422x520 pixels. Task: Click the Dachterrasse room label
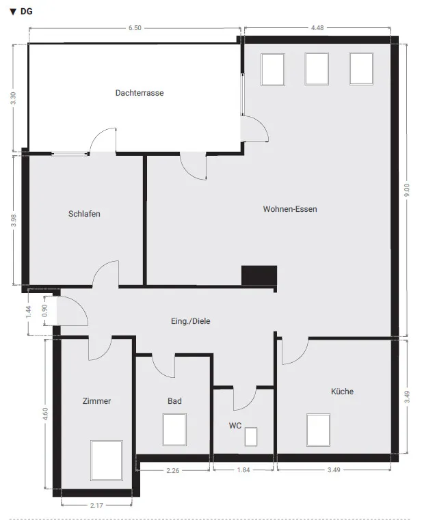(140, 93)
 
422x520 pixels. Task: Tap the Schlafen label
(84, 214)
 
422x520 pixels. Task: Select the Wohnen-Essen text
(290, 209)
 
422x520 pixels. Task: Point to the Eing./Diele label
(191, 321)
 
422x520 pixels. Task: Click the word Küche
(342, 392)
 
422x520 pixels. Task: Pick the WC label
(235, 426)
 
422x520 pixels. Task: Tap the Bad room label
(174, 401)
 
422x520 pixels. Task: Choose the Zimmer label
(96, 401)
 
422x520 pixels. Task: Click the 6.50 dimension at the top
(135, 28)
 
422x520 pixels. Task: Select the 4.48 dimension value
(317, 28)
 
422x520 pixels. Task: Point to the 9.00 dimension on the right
(407, 190)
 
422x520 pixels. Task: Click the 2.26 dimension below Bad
(172, 470)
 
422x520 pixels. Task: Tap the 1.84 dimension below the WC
(243, 470)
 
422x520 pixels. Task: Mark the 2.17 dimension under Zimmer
(96, 506)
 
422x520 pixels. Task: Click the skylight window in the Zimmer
(107, 461)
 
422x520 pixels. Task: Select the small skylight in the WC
(251, 437)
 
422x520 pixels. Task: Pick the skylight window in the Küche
(319, 430)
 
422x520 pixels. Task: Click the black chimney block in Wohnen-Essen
(259, 275)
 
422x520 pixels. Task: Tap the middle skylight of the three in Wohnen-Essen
(317, 69)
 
